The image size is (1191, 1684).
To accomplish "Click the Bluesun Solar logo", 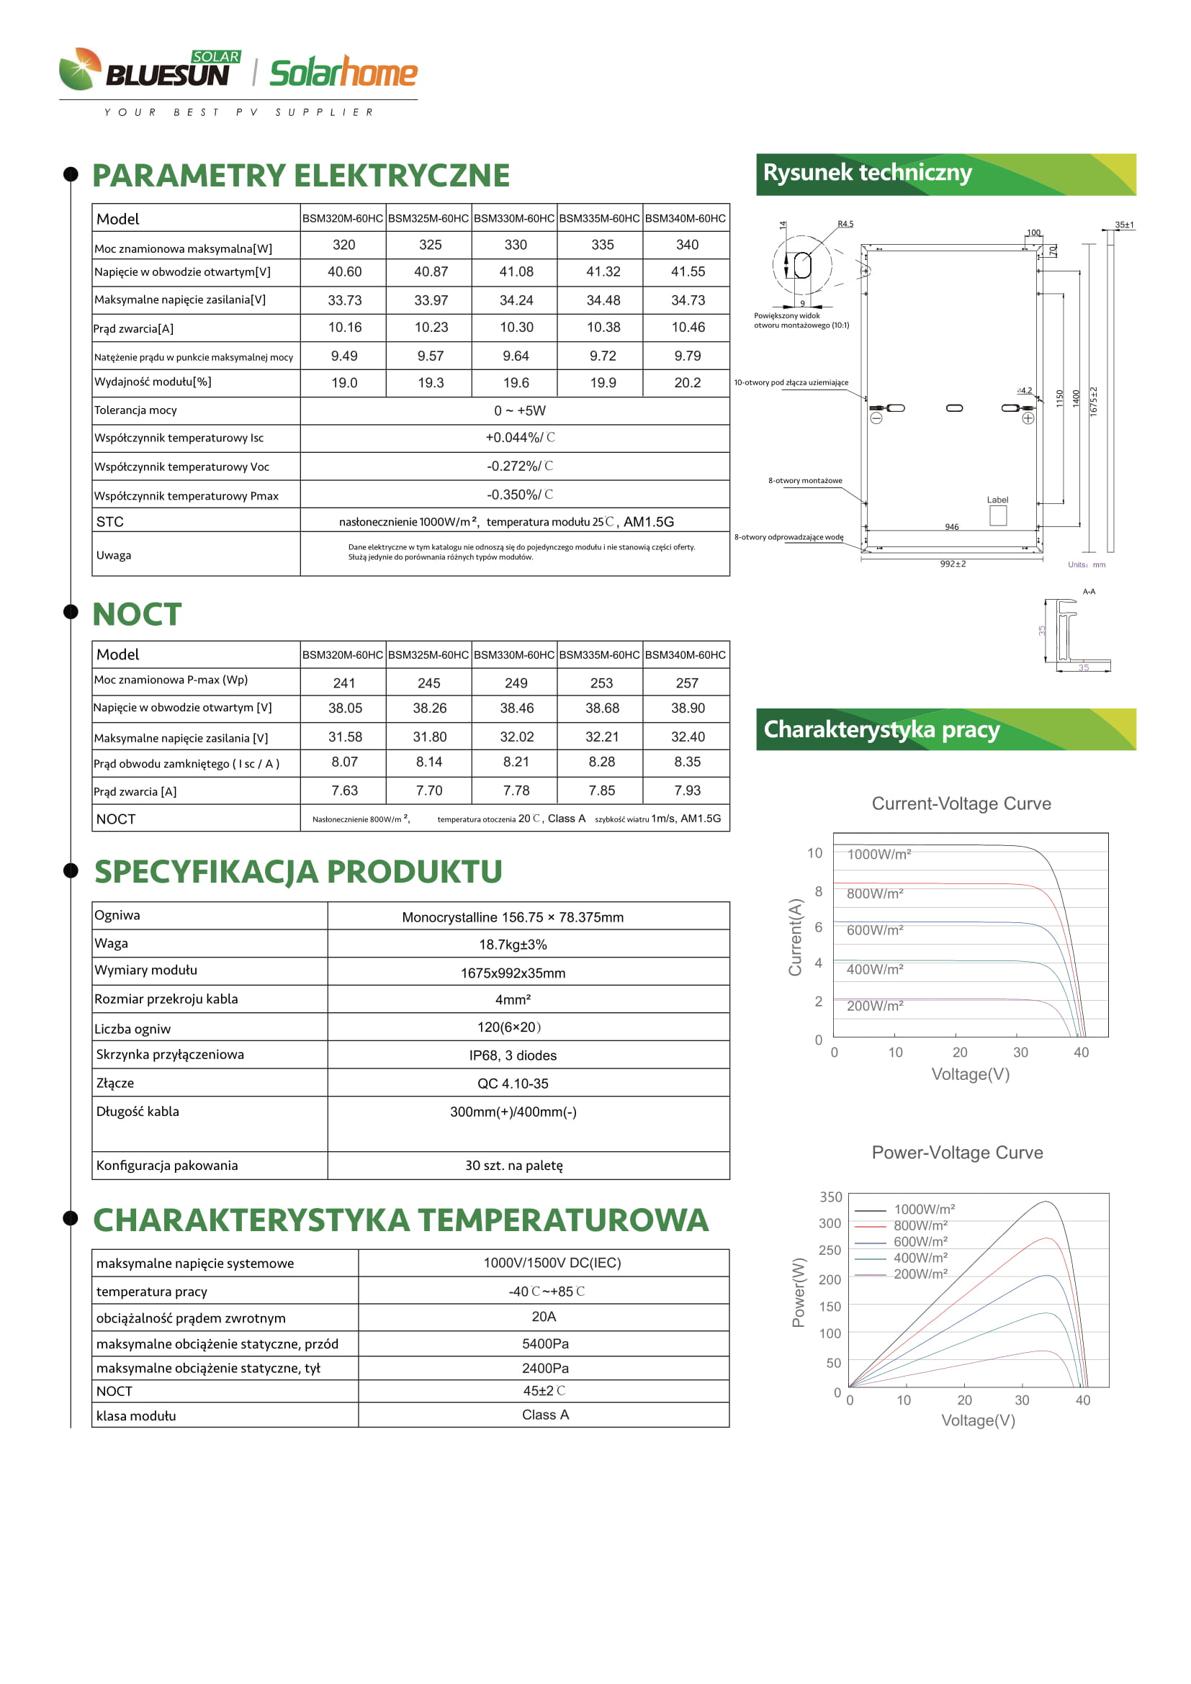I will pyautogui.click(x=150, y=69).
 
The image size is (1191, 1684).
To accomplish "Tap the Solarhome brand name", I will pyautogui.click(x=343, y=73).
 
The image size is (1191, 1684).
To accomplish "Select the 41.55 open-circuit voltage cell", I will pyautogui.click(x=687, y=271).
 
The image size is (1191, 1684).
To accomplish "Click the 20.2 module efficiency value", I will pyautogui.click(x=687, y=383).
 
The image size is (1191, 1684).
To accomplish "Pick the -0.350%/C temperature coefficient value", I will pyautogui.click(x=519, y=495).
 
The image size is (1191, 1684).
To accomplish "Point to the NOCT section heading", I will pyautogui.click(x=137, y=614).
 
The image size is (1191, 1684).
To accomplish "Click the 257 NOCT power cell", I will pyautogui.click(x=686, y=683).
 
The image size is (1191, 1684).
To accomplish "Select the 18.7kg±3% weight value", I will pyautogui.click(x=513, y=945).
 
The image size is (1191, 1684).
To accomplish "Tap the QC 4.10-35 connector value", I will pyautogui.click(x=513, y=1084).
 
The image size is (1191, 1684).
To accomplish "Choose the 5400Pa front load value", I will pyautogui.click(x=545, y=1343).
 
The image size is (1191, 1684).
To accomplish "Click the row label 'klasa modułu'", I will pyautogui.click(x=136, y=1415).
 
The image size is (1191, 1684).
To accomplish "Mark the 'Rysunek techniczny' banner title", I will pyautogui.click(x=868, y=173).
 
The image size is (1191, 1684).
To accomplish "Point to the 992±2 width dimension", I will pyautogui.click(x=953, y=564).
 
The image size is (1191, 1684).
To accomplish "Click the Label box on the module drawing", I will pyautogui.click(x=997, y=515).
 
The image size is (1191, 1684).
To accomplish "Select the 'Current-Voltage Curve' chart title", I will pyautogui.click(x=961, y=804).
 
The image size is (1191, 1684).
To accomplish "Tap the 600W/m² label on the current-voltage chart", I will pyautogui.click(x=875, y=930).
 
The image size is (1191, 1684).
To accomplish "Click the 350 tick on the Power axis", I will pyautogui.click(x=831, y=1197).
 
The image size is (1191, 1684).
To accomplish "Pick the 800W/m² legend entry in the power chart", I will pyautogui.click(x=920, y=1225).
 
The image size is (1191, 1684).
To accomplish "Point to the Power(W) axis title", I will pyautogui.click(x=799, y=1292).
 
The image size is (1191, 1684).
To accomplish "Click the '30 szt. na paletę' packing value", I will pyautogui.click(x=513, y=1166).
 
